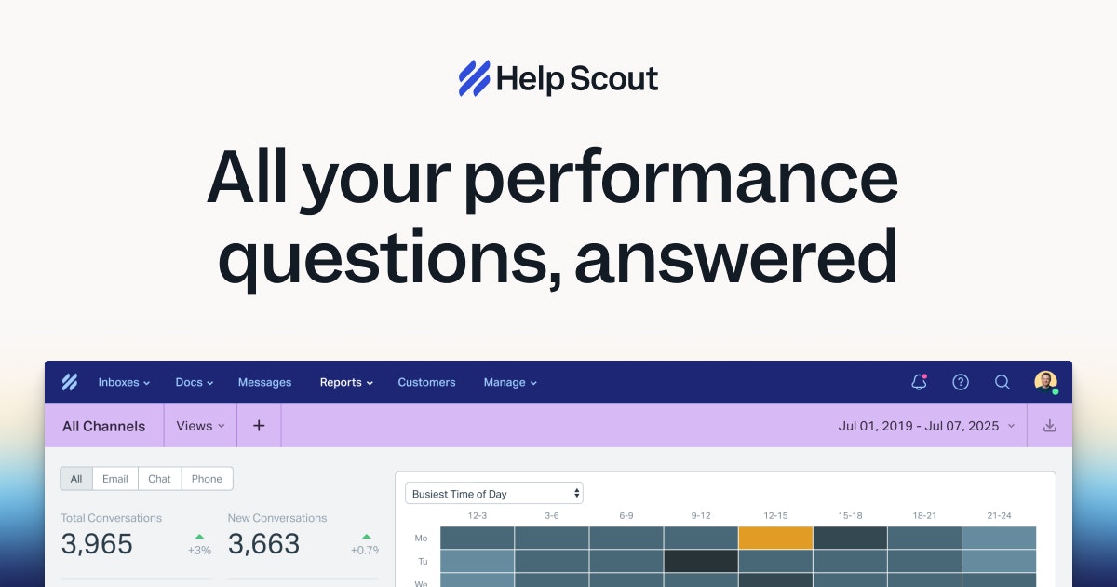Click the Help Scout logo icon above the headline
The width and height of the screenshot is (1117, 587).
click(x=474, y=78)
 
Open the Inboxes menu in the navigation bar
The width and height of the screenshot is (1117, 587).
click(x=124, y=382)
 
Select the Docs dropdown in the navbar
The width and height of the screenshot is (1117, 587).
click(x=194, y=382)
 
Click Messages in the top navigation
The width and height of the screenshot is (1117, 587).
click(x=264, y=382)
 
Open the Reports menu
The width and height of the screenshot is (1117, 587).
click(x=346, y=382)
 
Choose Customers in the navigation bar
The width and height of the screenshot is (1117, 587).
click(x=426, y=382)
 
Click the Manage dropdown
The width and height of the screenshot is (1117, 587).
click(x=510, y=382)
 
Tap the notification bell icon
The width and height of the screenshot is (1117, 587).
click(x=919, y=382)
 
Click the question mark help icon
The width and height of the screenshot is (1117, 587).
click(x=961, y=382)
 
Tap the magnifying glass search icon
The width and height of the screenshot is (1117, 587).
click(x=1003, y=382)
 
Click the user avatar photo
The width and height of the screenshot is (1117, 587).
click(x=1045, y=382)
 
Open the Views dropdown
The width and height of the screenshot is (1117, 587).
click(x=200, y=426)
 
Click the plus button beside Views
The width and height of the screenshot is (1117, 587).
click(x=259, y=426)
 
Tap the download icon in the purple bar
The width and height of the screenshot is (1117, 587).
click(x=1050, y=426)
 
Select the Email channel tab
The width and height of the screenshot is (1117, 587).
click(x=115, y=479)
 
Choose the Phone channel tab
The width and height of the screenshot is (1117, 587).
click(x=207, y=479)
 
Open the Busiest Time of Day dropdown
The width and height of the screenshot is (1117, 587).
click(x=494, y=493)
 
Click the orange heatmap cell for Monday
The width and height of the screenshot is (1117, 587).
click(x=775, y=538)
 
